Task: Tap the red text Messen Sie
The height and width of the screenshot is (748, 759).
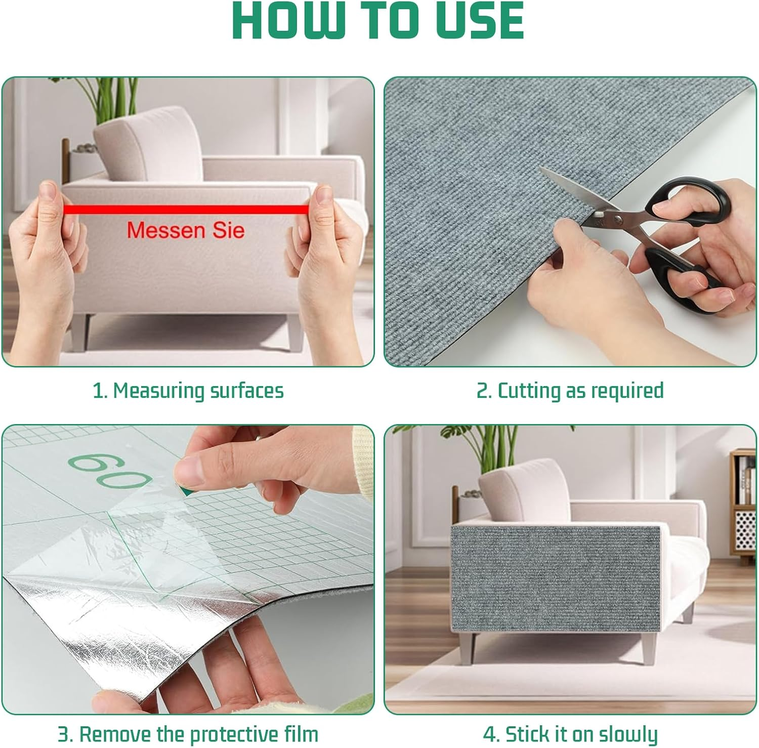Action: point(186,230)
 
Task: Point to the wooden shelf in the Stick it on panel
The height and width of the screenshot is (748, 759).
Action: point(744,506)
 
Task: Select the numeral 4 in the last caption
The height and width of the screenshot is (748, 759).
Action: point(489,734)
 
